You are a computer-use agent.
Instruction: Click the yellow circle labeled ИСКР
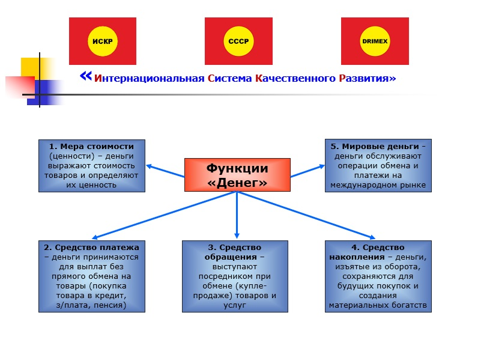103,41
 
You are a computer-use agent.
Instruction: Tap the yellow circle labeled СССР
238,41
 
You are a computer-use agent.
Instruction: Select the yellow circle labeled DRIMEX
375,41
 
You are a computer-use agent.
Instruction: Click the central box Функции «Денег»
237,175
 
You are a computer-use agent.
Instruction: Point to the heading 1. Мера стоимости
92,146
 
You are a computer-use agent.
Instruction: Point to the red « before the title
85,76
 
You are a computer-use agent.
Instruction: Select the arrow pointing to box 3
237,216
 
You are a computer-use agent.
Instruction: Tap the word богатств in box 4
410,305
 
